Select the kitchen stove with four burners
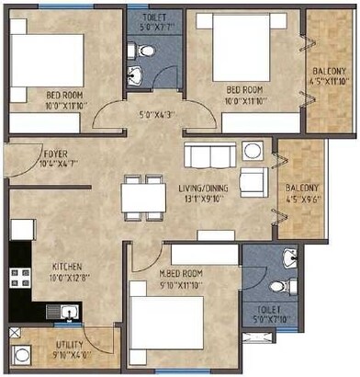point(17,275)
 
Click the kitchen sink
point(68,314)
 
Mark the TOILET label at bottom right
point(269,314)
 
